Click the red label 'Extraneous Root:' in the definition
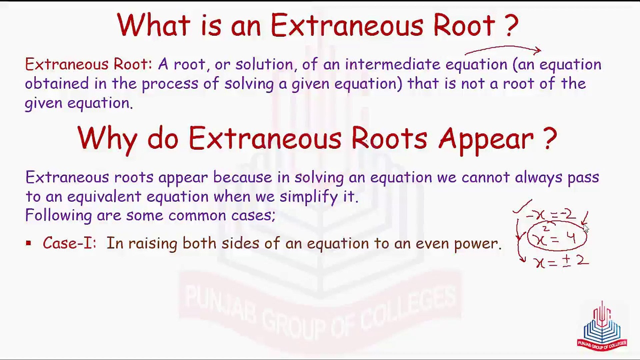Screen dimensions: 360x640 pos(88,64)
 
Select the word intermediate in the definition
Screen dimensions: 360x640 pos(392,64)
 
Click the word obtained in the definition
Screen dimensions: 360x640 pos(57,83)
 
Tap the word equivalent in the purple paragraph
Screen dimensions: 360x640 pos(104,197)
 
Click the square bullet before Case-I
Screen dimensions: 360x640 pos(28,243)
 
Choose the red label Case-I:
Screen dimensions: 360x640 pos(69,243)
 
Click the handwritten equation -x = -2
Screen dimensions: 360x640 pos(551,214)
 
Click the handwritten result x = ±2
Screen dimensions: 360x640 pos(561,261)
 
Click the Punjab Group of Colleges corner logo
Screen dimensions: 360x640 pos(602,330)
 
